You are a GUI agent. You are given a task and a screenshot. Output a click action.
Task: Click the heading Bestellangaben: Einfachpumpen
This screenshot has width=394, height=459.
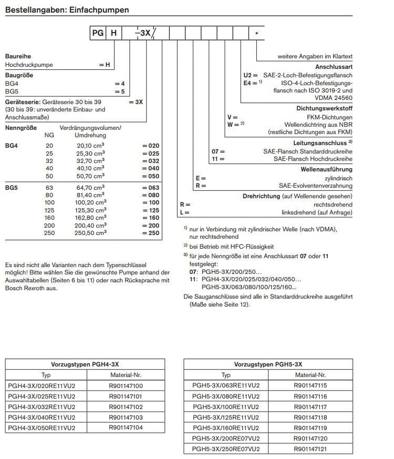tap(67, 10)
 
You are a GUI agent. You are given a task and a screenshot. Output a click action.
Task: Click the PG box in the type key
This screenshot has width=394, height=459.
tap(98, 33)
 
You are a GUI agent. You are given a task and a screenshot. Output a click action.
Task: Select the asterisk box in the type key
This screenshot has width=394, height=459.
tap(256, 33)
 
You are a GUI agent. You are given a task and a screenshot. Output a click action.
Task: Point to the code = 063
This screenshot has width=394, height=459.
tap(150, 187)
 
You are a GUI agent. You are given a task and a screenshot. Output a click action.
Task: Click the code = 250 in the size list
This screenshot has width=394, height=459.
tap(150, 233)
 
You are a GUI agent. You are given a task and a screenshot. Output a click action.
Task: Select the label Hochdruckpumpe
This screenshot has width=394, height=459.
tap(29, 65)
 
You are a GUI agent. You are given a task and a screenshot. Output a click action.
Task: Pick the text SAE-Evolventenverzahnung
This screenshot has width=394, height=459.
tap(315, 186)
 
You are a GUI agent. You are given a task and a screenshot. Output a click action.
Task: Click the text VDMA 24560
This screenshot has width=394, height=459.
tap(335, 98)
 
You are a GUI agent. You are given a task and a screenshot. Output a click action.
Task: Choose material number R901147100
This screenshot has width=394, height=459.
tap(126, 386)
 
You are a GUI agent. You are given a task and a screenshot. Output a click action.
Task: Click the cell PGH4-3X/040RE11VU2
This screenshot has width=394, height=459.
tap(42, 417)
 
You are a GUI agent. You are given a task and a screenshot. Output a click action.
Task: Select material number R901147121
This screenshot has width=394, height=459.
tap(310, 449)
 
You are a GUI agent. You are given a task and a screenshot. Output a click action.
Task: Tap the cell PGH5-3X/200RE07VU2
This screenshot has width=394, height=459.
tap(226, 438)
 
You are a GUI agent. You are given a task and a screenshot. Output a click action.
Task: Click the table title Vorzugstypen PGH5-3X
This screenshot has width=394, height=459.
tap(268, 364)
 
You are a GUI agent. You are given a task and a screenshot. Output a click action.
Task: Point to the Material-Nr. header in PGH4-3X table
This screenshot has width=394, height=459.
tap(126, 375)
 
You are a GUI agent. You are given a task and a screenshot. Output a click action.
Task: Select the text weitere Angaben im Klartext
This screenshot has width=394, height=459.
tap(315, 56)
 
